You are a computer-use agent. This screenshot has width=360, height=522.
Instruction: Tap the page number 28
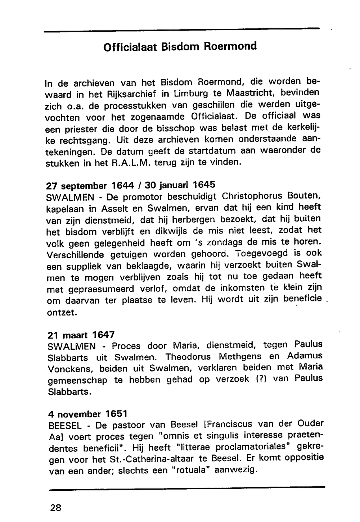click(56, 508)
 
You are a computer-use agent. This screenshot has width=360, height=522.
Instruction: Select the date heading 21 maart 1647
click(81, 335)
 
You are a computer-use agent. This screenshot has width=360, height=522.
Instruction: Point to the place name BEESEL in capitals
click(64, 426)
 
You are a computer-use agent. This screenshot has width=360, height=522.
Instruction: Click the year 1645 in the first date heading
click(203, 185)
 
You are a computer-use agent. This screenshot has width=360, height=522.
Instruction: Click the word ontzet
click(62, 312)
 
